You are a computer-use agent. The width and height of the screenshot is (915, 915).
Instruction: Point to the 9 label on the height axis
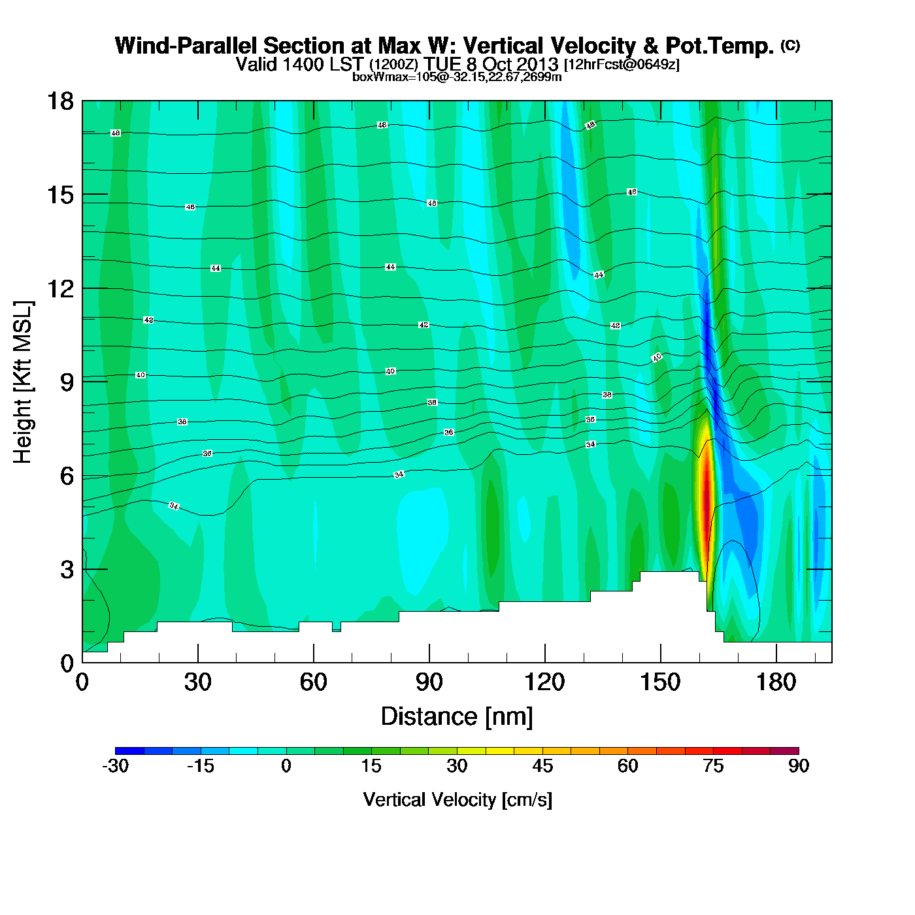67,382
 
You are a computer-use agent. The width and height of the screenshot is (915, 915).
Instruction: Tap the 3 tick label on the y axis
67,570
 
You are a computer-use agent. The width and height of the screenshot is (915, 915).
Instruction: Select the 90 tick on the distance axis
429,682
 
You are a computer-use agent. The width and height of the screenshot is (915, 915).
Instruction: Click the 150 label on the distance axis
660,682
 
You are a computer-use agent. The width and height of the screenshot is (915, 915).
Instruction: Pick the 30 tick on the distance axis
197,682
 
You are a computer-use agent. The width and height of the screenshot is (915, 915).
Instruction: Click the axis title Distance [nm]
457,717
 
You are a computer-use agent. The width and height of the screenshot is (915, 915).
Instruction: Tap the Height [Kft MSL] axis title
23,382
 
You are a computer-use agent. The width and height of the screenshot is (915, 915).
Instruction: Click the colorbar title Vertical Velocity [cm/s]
457,799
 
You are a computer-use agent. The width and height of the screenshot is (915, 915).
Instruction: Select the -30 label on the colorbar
115,766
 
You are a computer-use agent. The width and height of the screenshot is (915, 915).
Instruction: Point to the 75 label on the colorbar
713,766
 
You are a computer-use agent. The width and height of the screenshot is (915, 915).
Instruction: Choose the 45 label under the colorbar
542,766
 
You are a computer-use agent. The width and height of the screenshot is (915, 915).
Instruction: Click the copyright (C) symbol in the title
790,45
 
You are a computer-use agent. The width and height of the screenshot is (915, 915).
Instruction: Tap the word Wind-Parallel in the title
184,46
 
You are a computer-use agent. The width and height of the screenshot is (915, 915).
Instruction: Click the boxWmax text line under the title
457,76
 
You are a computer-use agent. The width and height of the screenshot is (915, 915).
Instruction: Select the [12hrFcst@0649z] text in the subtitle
622,65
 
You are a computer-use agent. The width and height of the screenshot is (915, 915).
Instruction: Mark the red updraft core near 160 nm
706,497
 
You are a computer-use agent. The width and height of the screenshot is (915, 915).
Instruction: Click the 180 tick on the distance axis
776,682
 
